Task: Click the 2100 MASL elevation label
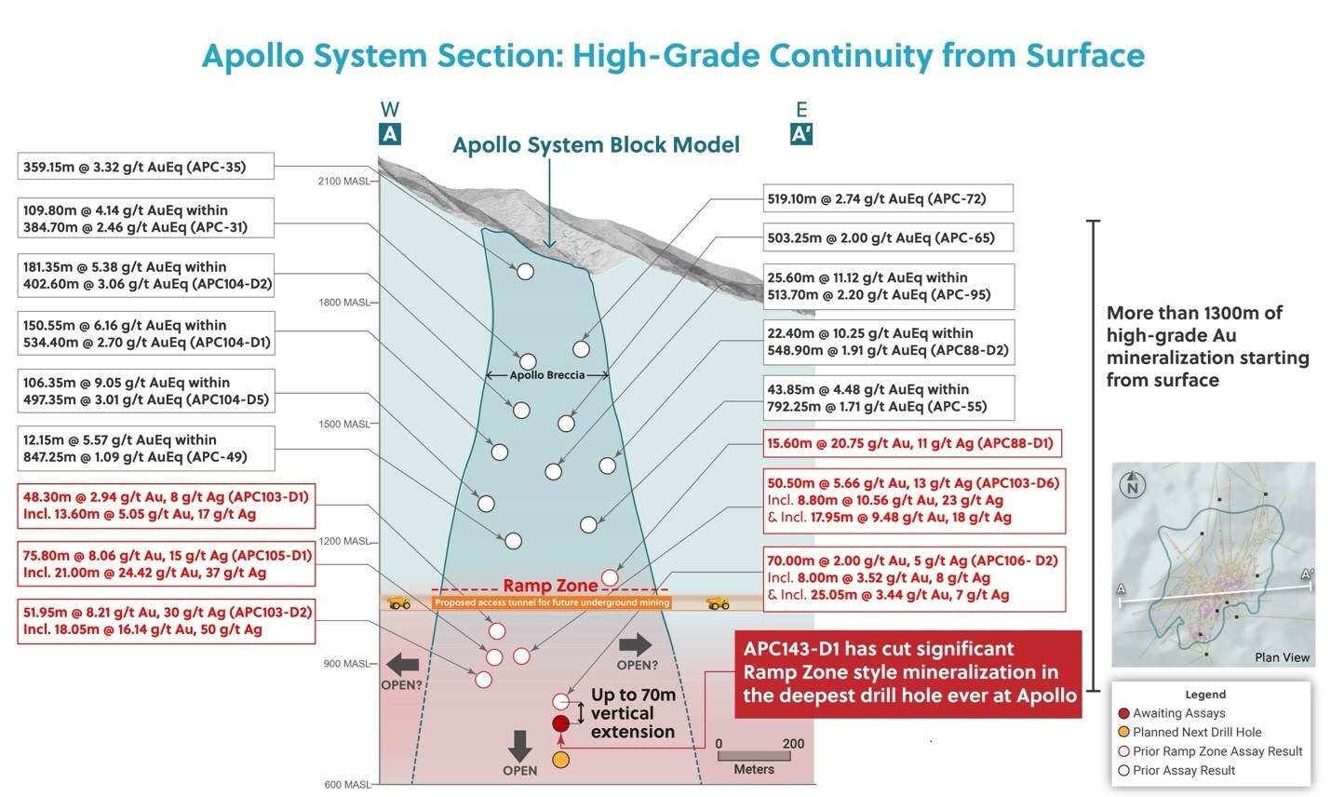343,181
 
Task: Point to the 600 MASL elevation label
346,785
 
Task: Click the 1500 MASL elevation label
343,424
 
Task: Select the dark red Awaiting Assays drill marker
560,723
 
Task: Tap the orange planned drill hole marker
560,760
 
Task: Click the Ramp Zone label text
550,586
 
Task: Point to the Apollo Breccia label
547,375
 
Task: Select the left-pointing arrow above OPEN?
402,664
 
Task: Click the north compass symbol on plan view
1132,486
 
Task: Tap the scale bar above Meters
755,756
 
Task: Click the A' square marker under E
800,134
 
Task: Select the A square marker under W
390,134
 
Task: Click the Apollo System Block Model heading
596,145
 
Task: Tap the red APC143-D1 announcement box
908,673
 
